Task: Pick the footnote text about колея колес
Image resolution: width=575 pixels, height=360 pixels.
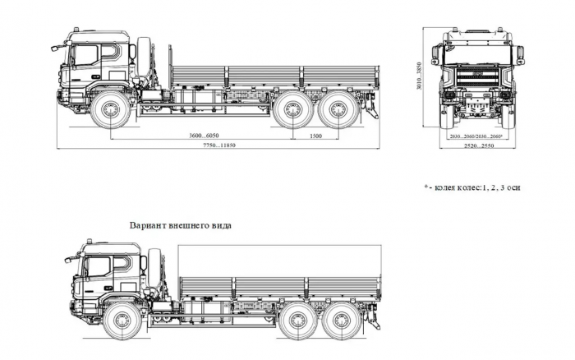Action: [472, 187]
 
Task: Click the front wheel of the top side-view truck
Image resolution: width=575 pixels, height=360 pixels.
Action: [109, 111]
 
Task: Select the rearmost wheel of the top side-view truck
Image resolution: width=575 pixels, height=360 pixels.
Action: [338, 111]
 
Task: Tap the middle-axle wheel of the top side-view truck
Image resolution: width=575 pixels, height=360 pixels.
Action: [292, 111]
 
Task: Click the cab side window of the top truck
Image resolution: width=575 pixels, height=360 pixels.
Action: [85, 56]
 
